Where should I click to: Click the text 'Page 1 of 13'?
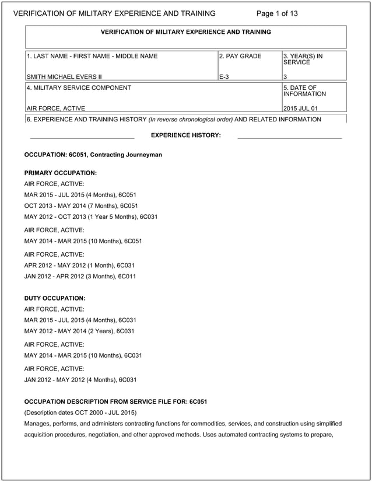click(x=277, y=13)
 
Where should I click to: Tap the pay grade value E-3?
click(x=224, y=76)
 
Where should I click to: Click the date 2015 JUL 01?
click(x=300, y=108)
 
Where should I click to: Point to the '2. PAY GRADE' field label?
click(x=240, y=57)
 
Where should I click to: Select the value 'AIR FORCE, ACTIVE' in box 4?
click(x=56, y=108)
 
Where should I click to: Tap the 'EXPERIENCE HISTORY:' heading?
click(x=186, y=135)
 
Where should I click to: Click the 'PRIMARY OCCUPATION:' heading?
click(x=61, y=173)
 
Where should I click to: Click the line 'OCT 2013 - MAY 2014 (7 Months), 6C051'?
click(x=81, y=205)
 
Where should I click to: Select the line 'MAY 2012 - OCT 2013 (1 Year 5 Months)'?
click(x=91, y=216)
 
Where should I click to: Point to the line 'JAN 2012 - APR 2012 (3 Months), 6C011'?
click(x=80, y=276)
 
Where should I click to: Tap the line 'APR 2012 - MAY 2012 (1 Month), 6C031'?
click(x=79, y=265)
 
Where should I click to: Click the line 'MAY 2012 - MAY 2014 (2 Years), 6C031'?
click(x=79, y=331)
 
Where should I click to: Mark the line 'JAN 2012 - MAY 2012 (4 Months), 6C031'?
click(x=80, y=379)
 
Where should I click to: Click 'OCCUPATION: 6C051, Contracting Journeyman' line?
click(x=93, y=155)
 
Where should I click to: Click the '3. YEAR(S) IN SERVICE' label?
click(x=303, y=59)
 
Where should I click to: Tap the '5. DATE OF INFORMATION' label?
click(x=304, y=90)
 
